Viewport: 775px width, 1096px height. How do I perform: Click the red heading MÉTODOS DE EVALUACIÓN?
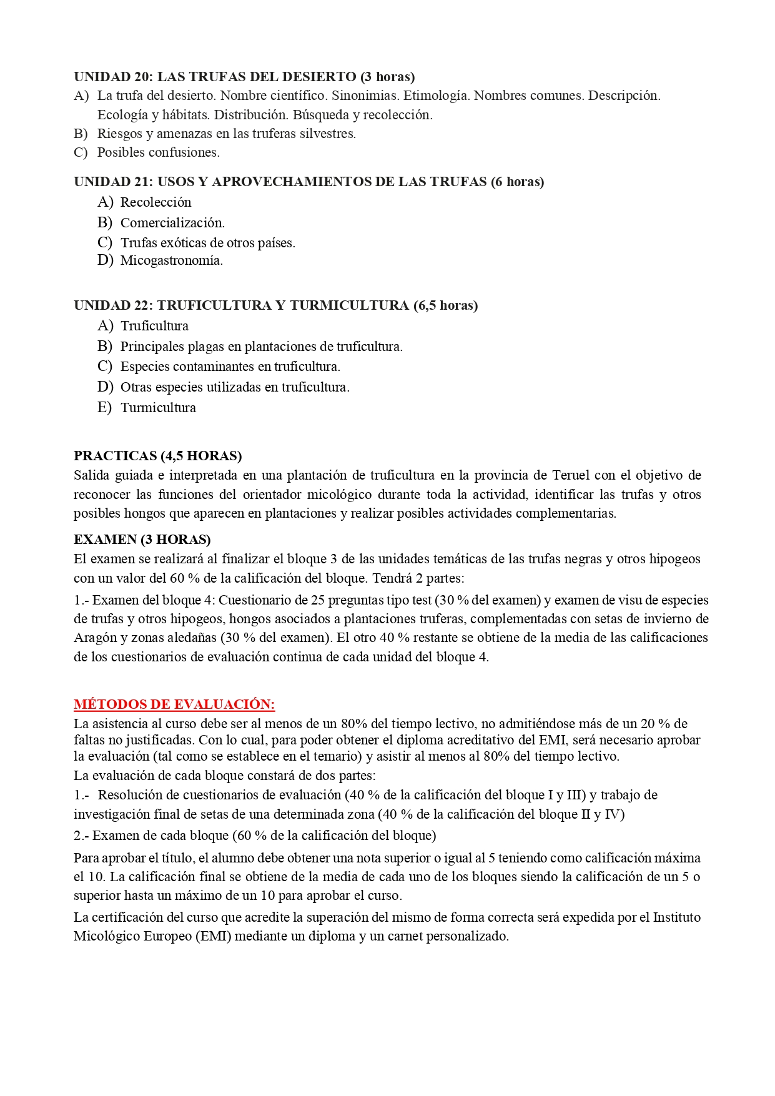point(174,704)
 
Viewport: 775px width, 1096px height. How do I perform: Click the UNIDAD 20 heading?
point(244,77)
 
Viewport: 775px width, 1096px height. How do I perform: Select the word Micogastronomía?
point(171,260)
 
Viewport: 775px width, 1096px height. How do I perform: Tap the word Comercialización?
point(172,222)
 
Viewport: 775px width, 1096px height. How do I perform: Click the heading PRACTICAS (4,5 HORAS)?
point(157,456)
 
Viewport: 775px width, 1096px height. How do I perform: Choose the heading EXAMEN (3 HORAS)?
point(142,539)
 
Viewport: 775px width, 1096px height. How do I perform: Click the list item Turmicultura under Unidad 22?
point(158,408)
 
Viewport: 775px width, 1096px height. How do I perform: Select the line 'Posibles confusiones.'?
point(158,152)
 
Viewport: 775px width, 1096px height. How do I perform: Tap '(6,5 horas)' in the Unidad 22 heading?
point(445,305)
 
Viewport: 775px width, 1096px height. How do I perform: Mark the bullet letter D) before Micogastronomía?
point(105,260)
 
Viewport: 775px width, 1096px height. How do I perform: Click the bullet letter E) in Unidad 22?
point(104,408)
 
